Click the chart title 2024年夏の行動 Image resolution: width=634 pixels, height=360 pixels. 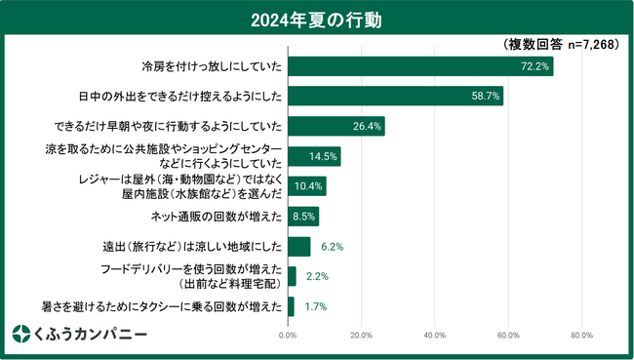(x=316, y=19)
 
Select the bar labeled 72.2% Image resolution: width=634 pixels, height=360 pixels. (x=419, y=66)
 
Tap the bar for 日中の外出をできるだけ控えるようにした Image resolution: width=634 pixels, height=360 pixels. (x=395, y=97)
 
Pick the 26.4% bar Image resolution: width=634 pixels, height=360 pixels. (x=336, y=126)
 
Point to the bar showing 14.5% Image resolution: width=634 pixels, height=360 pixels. (x=314, y=156)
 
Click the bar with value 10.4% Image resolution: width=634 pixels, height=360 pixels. (x=306, y=186)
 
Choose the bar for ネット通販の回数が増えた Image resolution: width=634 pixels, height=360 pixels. (x=303, y=216)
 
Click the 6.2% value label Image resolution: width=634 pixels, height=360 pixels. (x=331, y=246)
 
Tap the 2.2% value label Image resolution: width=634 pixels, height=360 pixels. (x=317, y=276)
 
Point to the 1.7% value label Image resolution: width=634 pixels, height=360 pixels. (x=315, y=306)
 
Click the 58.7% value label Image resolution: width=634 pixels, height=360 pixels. (x=485, y=97)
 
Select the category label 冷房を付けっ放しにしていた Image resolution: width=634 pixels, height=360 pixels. (x=211, y=66)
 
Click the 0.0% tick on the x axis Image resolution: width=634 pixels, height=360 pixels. (x=288, y=336)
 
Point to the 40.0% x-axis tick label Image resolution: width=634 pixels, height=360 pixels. (x=434, y=336)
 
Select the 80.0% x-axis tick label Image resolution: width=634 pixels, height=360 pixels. (x=581, y=336)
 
